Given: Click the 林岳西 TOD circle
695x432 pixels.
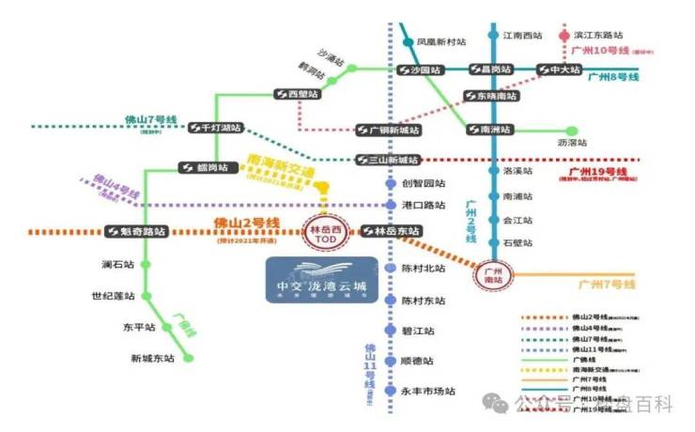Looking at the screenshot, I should [x=322, y=231].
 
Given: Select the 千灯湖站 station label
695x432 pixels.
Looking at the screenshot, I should [x=215, y=128].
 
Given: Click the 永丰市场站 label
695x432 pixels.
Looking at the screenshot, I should [x=428, y=391].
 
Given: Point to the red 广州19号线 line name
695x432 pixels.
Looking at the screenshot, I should [x=597, y=173].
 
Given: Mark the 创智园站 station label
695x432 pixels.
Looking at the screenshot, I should [x=423, y=184].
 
